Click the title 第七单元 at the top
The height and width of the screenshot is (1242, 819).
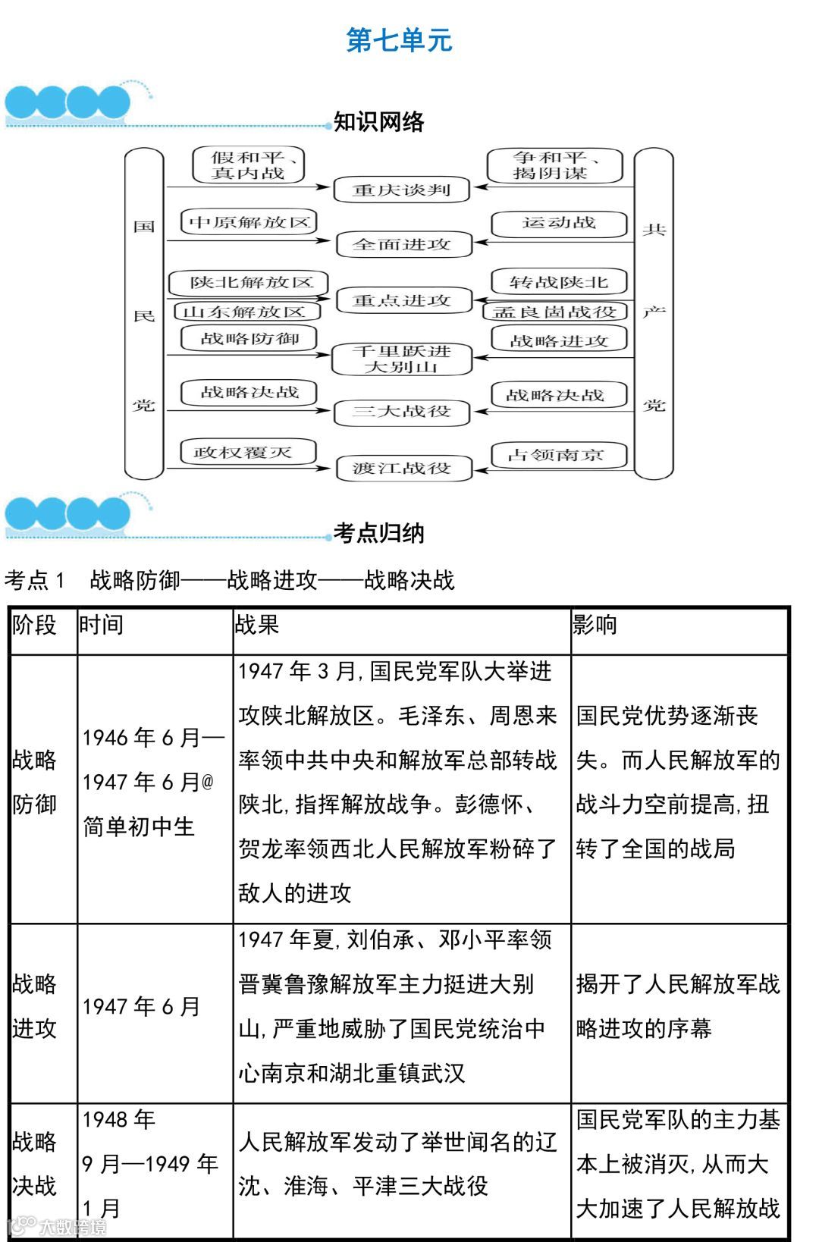click(x=399, y=40)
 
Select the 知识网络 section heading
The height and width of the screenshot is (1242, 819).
click(x=378, y=122)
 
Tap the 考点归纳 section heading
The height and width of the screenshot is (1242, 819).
click(x=378, y=533)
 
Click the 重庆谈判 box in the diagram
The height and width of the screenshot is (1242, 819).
click(x=401, y=190)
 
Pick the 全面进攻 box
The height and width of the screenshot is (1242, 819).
click(x=403, y=244)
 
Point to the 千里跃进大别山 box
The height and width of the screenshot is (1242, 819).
click(x=402, y=359)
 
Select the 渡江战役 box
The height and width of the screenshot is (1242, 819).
click(x=403, y=468)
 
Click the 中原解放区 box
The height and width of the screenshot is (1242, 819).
click(x=249, y=222)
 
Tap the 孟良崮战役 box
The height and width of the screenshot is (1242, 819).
click(x=555, y=312)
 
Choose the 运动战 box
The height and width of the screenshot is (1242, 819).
click(x=559, y=223)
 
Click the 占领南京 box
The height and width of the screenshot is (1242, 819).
click(x=558, y=455)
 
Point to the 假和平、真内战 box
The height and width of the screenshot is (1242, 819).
click(x=248, y=165)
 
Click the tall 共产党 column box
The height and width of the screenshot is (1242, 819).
click(x=654, y=315)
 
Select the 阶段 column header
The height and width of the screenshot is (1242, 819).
click(x=35, y=625)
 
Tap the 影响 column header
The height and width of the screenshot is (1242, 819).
click(x=595, y=625)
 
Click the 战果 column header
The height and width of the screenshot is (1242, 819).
click(x=257, y=625)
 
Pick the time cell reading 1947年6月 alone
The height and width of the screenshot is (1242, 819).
click(x=142, y=1006)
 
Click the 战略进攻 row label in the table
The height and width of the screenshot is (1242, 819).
click(x=35, y=1006)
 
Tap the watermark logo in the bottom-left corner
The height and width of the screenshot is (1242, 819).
click(x=56, y=1225)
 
